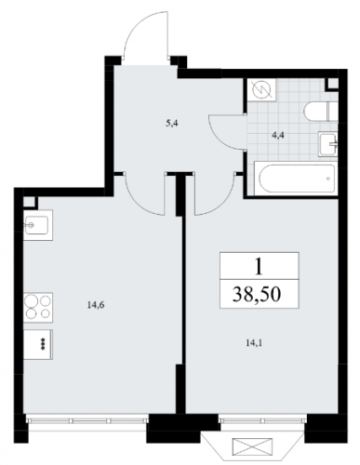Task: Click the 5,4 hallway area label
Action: (x=173, y=124)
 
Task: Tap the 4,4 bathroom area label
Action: (x=279, y=135)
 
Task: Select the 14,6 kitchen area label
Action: (x=96, y=305)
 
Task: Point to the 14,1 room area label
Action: (x=253, y=343)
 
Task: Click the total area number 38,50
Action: (x=257, y=295)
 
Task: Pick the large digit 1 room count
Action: (x=259, y=267)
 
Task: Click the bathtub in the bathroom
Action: (x=294, y=179)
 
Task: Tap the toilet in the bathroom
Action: (x=320, y=111)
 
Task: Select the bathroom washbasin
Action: (x=327, y=143)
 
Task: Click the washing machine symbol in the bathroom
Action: (x=261, y=90)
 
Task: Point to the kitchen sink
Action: (x=38, y=225)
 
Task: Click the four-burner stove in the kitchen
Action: (x=38, y=307)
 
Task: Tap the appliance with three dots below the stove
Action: (x=38, y=344)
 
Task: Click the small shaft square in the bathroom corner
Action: (x=332, y=84)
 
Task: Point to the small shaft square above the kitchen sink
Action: (x=30, y=203)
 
